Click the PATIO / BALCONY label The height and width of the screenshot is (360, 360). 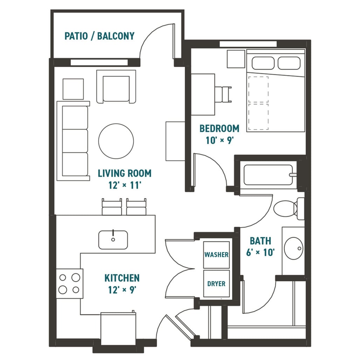[99, 36]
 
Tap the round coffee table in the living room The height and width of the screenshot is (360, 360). [116, 141]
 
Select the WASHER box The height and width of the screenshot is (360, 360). [216, 255]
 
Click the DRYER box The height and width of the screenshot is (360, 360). [216, 283]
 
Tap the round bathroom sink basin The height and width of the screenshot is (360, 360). [293, 248]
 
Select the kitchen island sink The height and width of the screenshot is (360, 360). [113, 240]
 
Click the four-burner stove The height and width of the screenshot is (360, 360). [69, 284]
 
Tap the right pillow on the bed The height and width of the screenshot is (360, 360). [289, 63]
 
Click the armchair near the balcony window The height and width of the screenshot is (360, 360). [116, 86]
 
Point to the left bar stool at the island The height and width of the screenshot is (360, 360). [112, 207]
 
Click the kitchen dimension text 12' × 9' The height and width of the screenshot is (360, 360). [122, 290]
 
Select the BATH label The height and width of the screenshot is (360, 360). [260, 241]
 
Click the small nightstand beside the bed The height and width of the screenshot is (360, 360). [236, 59]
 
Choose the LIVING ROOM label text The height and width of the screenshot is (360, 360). [124, 173]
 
